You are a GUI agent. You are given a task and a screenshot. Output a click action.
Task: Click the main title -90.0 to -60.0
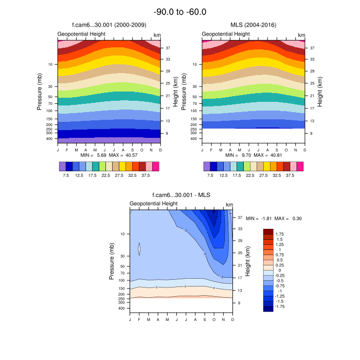(180, 12)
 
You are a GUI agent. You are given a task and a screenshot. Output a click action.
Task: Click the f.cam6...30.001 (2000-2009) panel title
(109, 25)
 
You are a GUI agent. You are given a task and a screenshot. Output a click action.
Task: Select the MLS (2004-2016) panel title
(253, 25)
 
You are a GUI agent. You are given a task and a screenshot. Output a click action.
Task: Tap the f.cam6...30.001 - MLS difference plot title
(182, 195)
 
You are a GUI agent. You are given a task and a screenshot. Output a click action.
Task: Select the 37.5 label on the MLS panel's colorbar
(290, 175)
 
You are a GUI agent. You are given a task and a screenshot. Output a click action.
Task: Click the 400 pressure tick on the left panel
(49, 139)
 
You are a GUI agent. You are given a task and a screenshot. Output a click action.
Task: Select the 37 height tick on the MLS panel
(312, 47)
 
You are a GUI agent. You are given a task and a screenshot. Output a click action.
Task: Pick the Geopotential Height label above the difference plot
(153, 204)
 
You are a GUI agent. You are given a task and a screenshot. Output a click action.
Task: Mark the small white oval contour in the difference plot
(139, 248)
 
